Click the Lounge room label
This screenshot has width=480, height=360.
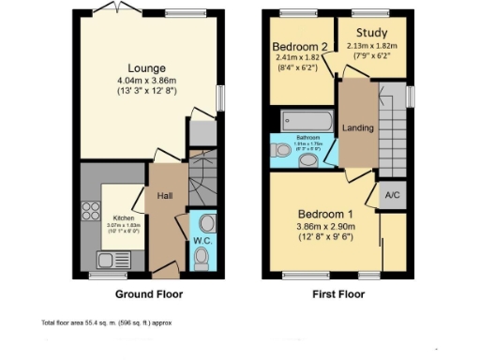[147, 68]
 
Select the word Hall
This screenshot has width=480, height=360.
[164, 196]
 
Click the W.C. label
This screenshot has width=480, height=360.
[202, 240]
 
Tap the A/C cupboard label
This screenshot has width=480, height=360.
[392, 196]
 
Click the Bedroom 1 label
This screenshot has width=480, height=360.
[322, 212]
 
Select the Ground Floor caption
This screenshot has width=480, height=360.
[148, 294]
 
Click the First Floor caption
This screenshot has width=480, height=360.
[337, 294]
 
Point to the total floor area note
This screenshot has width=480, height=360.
[106, 322]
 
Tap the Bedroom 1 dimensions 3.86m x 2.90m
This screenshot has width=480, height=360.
[322, 226]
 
